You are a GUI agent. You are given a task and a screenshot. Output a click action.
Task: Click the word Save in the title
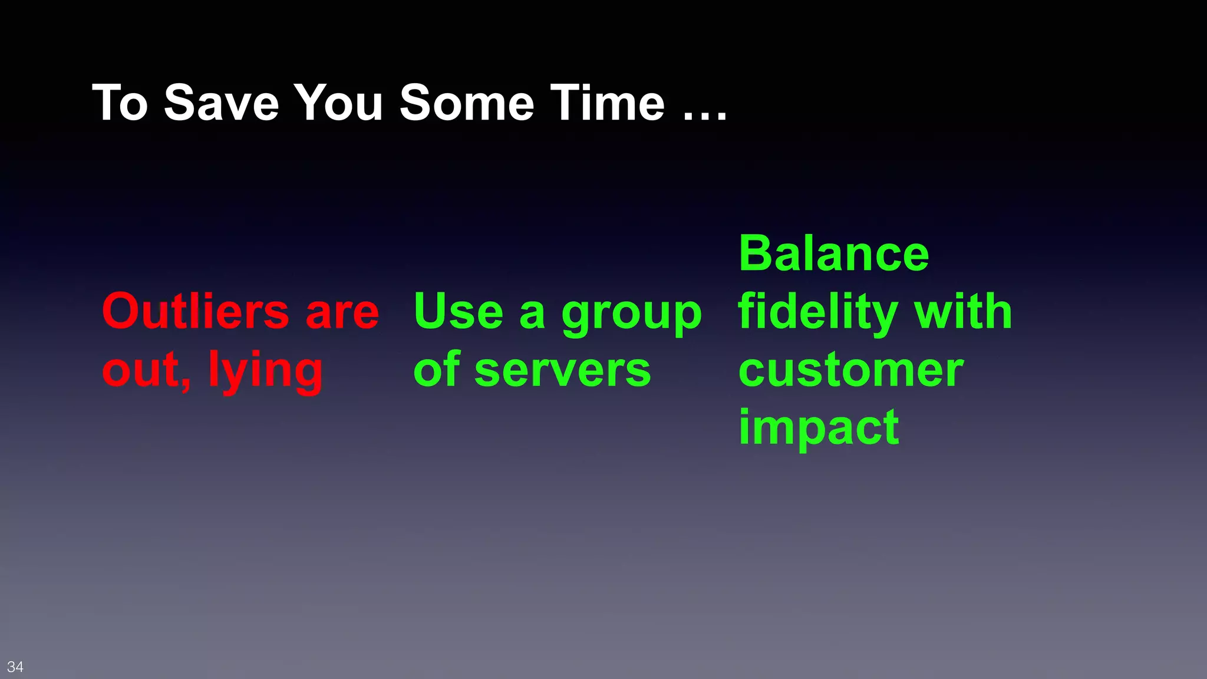point(221,103)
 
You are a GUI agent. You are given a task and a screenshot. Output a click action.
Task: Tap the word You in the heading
point(338,103)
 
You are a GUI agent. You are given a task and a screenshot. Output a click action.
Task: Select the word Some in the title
point(466,103)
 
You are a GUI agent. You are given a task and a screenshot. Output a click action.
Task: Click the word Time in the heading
point(607,103)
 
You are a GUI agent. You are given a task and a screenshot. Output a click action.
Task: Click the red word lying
point(265,371)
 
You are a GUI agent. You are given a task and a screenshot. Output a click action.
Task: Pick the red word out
point(144,371)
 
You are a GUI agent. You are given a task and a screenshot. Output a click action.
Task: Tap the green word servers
point(562,371)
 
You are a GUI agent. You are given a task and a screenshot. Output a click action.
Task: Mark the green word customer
point(851,371)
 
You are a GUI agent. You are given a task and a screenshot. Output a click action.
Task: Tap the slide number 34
point(15,667)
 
